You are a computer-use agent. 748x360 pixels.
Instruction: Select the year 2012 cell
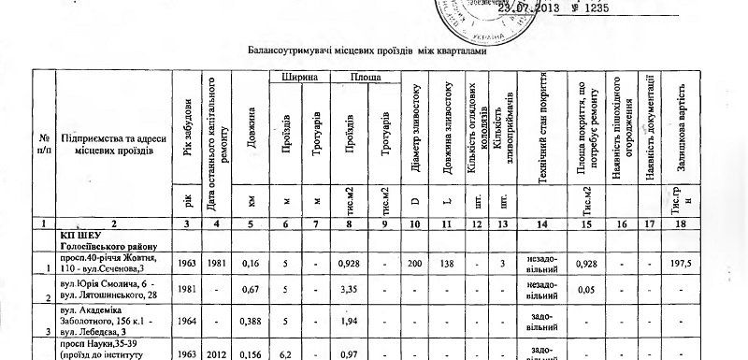pyautogui.click(x=217, y=354)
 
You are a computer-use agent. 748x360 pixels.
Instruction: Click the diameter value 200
pyautogui.click(x=416, y=265)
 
